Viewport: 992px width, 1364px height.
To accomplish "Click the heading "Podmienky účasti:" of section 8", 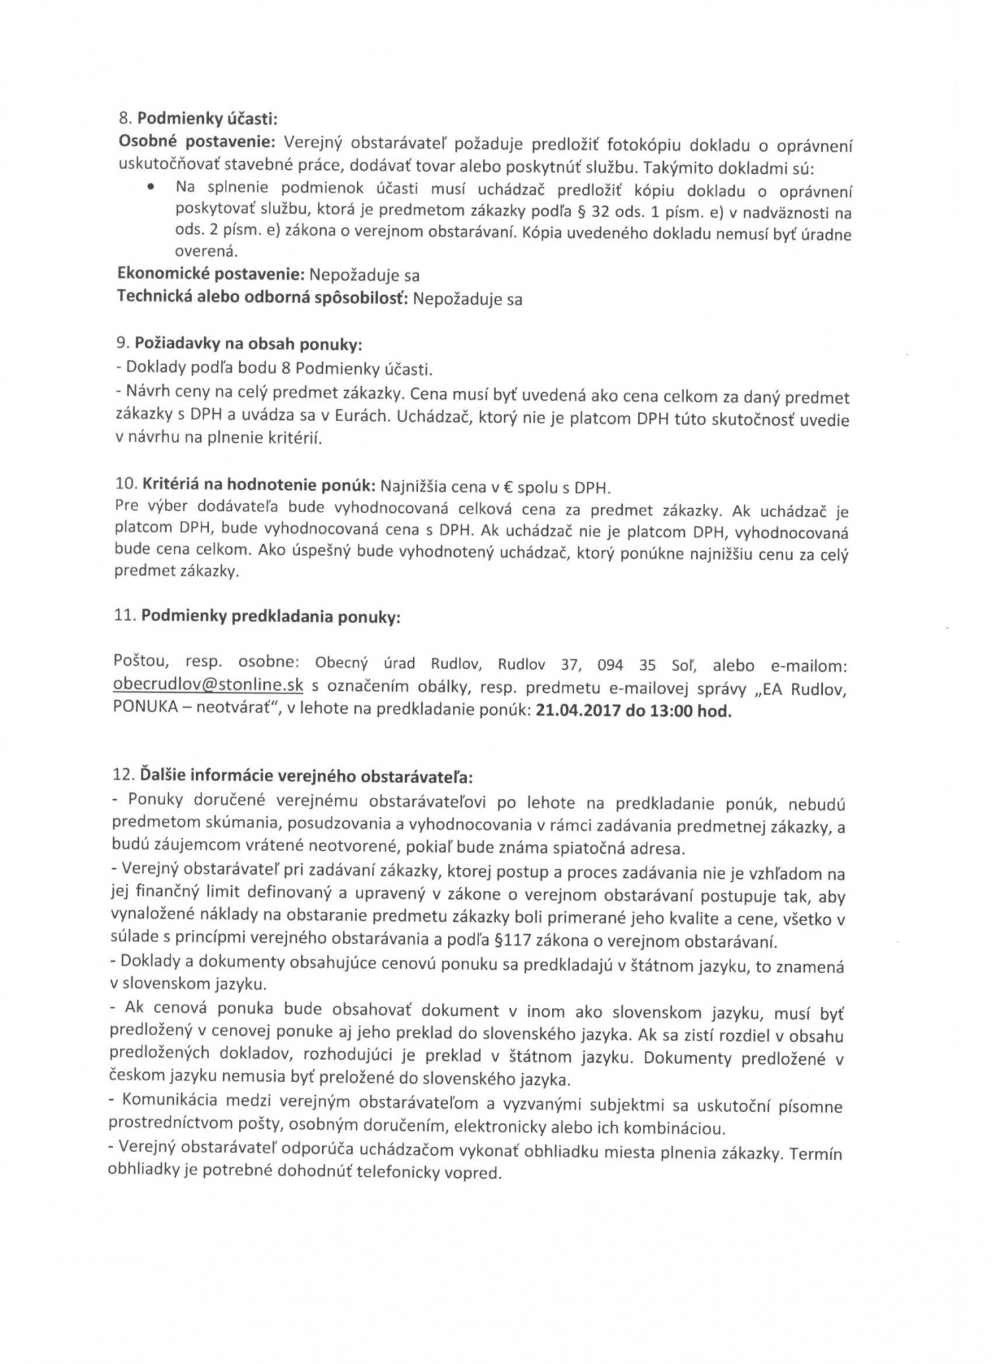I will tap(206, 119).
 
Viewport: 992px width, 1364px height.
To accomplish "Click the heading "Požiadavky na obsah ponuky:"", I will tap(248, 344).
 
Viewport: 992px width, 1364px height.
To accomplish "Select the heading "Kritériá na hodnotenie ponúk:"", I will tap(257, 485).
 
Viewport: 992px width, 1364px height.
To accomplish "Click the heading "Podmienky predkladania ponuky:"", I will tap(270, 617).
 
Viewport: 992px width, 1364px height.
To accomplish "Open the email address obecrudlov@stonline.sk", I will tap(209, 685).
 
